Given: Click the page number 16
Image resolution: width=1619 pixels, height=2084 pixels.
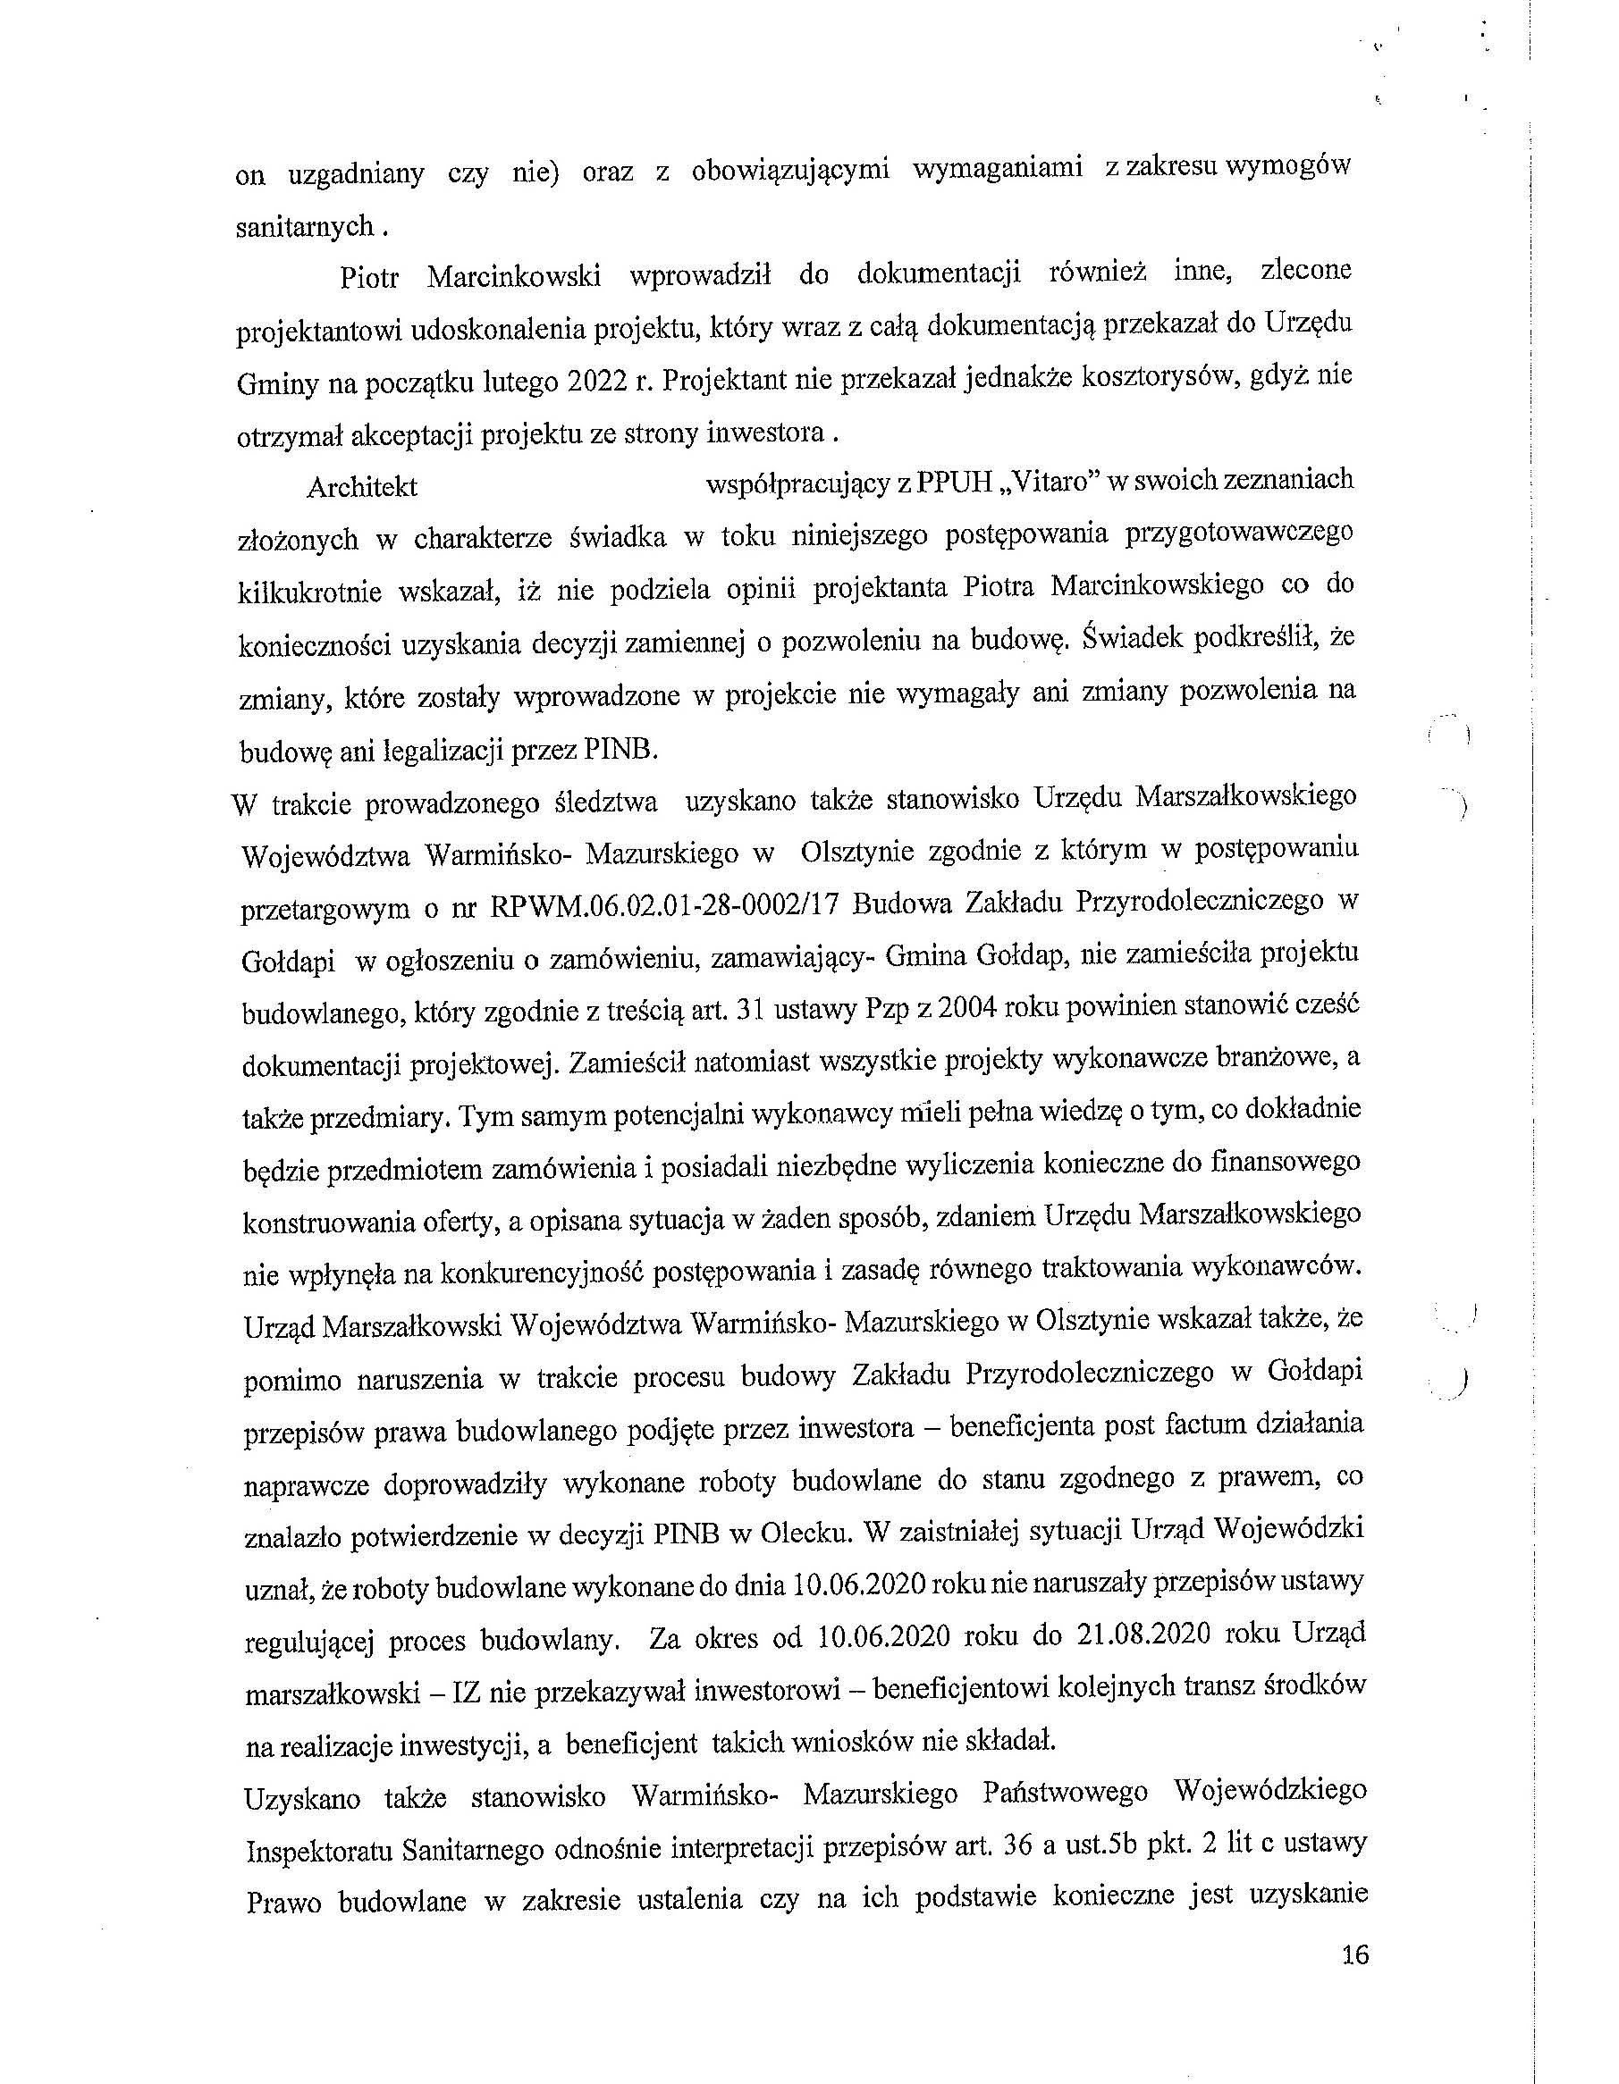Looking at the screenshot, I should click(x=1354, y=1955).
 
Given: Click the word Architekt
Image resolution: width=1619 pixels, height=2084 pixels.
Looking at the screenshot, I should click(x=362, y=487).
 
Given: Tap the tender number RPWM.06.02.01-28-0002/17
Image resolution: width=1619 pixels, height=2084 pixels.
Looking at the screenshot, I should click(x=662, y=905).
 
